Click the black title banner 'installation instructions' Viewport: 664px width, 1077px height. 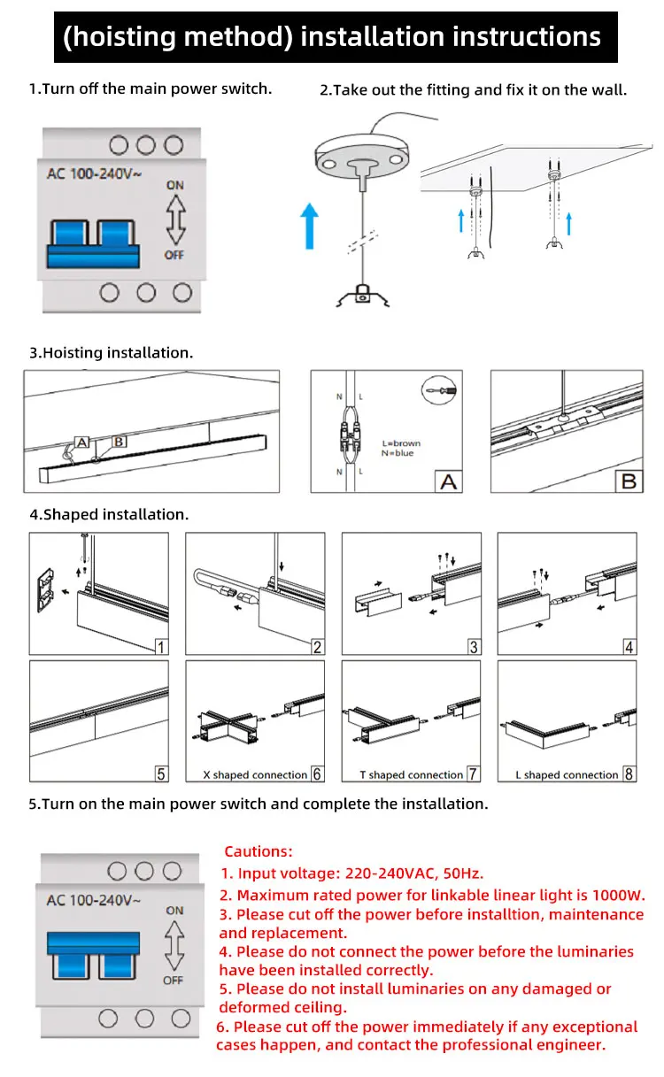(332, 36)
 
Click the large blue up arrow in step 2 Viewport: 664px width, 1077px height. (307, 223)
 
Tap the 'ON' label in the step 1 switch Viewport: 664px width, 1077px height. (174, 185)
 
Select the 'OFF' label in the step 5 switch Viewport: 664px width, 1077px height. (174, 980)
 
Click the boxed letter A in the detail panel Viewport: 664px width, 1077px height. (449, 481)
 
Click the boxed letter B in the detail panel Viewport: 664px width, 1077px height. (629, 481)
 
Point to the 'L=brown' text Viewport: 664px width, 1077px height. (401, 443)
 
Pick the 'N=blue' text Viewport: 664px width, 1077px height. (398, 453)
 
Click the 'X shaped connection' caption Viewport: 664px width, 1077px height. (255, 775)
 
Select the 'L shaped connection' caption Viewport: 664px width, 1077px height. (567, 775)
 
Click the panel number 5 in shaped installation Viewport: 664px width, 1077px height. (161, 773)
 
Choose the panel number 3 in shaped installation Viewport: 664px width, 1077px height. (474, 647)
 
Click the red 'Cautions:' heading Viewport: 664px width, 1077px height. (258, 851)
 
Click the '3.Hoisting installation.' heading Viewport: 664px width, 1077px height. (111, 352)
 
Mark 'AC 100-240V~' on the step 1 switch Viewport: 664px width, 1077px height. (94, 173)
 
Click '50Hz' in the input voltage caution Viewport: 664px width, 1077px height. (462, 873)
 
